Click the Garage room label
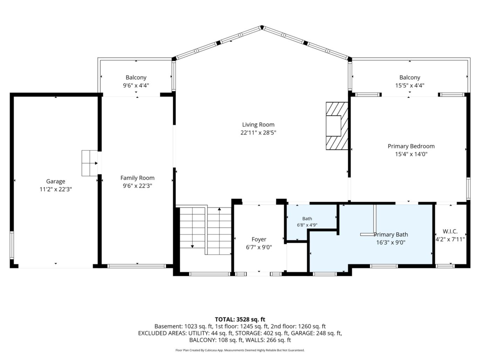point(56,181)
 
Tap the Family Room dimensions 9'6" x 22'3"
point(137,186)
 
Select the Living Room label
point(258,125)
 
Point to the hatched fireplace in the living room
point(337,126)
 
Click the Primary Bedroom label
point(411,146)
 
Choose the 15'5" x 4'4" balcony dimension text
point(410,85)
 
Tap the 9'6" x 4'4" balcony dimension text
point(136,85)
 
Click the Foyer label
point(259,240)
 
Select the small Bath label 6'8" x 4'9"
point(307,222)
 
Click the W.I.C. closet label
point(450,231)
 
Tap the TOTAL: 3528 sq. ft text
point(240,319)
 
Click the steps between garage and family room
point(90,163)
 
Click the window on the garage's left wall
point(12,245)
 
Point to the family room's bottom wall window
point(137,266)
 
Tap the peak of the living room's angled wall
point(262,27)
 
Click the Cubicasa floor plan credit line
point(240,350)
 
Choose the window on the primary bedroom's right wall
point(468,189)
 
